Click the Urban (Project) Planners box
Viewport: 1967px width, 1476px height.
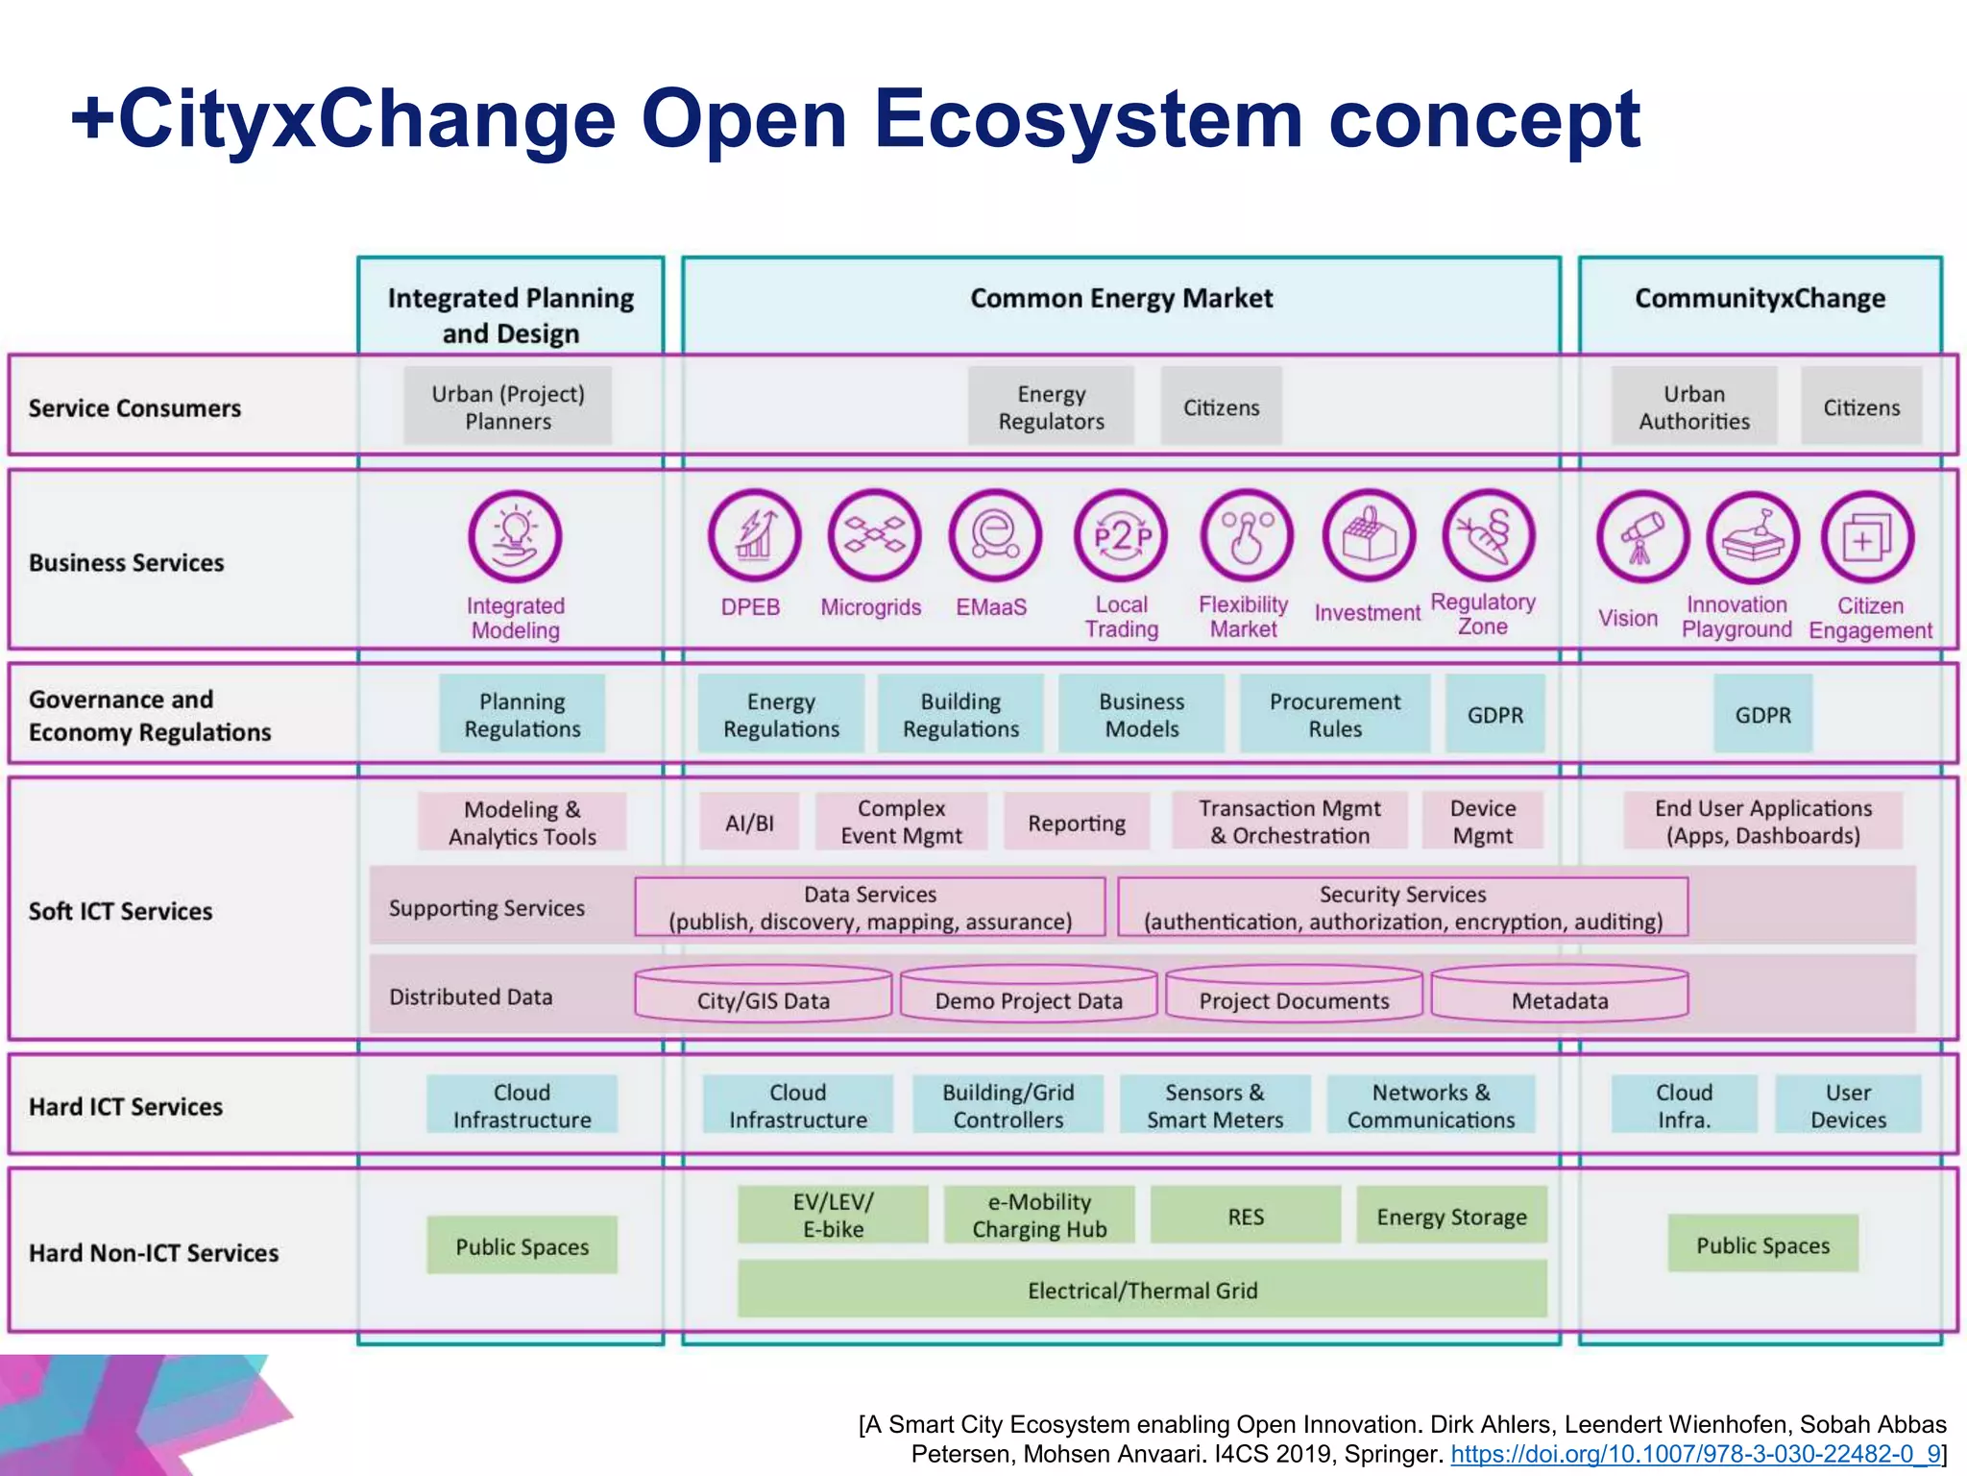507,406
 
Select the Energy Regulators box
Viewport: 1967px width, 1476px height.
1051,406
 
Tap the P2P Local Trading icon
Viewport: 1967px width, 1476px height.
1121,536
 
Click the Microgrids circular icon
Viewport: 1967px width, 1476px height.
874,535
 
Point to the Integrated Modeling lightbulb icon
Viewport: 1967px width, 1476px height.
515,536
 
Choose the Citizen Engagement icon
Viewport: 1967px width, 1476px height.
1866,537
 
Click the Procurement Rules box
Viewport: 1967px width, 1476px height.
1334,715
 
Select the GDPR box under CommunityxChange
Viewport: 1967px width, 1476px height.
1762,715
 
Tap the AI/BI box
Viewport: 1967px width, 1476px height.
749,823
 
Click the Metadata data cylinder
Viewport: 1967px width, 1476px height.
1559,996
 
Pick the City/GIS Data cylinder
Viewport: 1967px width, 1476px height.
764,996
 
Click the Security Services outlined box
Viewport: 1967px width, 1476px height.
1402,907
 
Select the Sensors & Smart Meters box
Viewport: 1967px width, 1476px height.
1214,1105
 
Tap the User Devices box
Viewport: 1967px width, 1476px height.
1847,1105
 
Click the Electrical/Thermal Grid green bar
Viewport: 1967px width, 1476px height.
1142,1290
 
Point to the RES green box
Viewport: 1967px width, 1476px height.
1245,1217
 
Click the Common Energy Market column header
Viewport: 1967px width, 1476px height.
1121,299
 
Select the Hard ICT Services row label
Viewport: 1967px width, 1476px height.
126,1107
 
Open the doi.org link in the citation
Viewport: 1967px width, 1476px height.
1695,1454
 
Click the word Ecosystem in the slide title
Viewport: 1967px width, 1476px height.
1087,119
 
